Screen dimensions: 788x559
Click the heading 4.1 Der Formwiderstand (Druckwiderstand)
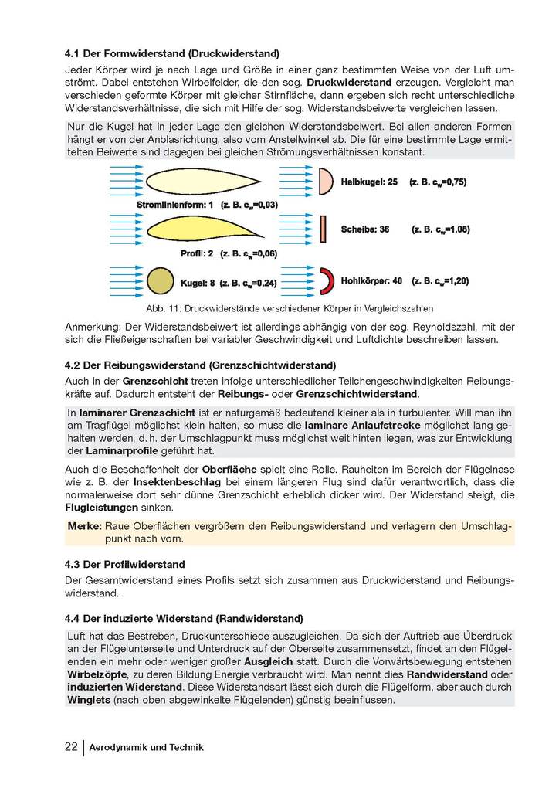pyautogui.click(x=172, y=54)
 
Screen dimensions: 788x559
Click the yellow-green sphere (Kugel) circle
pyautogui.click(x=161, y=279)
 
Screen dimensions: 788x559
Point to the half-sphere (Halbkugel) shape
pyautogui.click(x=326, y=182)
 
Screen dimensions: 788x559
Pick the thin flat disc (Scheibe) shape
pyautogui.click(x=324, y=229)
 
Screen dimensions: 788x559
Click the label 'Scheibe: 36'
pyautogui.click(x=364, y=229)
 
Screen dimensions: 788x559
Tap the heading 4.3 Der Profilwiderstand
pyautogui.click(x=125, y=565)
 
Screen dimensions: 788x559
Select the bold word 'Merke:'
pyautogui.click(x=85, y=526)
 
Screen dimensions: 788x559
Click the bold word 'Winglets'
pyautogui.click(x=89, y=700)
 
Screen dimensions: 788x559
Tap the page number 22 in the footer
pyautogui.click(x=71, y=747)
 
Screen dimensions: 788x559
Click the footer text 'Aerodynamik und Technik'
pyautogui.click(x=147, y=748)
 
